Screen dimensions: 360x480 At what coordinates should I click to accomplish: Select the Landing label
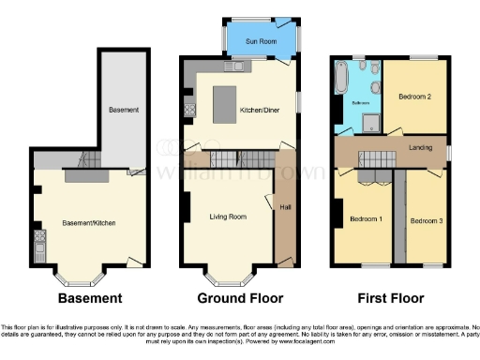(x=419, y=147)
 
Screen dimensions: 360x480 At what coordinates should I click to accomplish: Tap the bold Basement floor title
(x=90, y=299)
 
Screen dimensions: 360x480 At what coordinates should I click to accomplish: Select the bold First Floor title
(x=389, y=299)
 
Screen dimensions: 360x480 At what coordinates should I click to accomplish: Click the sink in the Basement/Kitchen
(x=40, y=246)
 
